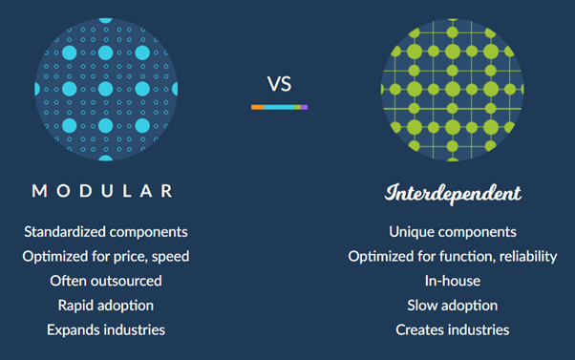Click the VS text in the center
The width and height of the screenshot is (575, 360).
pyautogui.click(x=279, y=84)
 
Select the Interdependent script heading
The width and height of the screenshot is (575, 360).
pyautogui.click(x=453, y=194)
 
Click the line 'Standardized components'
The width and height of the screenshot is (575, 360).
pyautogui.click(x=105, y=232)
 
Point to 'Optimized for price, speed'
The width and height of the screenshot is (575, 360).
pyautogui.click(x=105, y=256)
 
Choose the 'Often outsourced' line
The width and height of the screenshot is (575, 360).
pyautogui.click(x=105, y=281)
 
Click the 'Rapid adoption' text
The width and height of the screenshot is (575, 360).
pyautogui.click(x=105, y=306)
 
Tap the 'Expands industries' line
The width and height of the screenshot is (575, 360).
pyautogui.click(x=105, y=329)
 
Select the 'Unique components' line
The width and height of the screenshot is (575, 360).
pyautogui.click(x=453, y=232)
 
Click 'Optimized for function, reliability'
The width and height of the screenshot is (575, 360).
pyautogui.click(x=453, y=256)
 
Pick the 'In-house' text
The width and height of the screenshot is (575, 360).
pyautogui.click(x=453, y=281)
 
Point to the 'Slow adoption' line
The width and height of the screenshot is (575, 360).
pyautogui.click(x=453, y=306)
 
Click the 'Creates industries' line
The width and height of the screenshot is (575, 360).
pyautogui.click(x=453, y=329)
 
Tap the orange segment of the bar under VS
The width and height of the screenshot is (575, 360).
pyautogui.click(x=257, y=107)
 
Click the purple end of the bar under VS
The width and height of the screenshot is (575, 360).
pyautogui.click(x=305, y=107)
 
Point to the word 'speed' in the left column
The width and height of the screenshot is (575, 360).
pyautogui.click(x=171, y=257)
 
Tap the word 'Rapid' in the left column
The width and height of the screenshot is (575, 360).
pyautogui.click(x=75, y=306)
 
